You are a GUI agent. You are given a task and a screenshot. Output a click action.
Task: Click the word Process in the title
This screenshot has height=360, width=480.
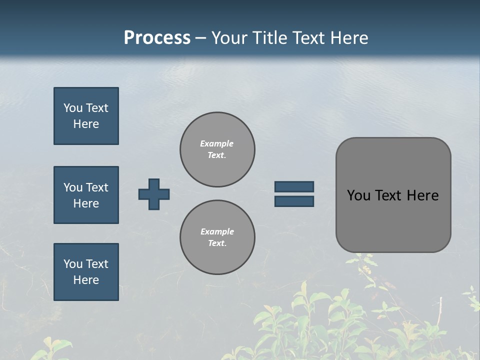coord(157,38)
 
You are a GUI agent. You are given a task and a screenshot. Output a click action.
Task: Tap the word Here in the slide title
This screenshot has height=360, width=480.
coord(347,38)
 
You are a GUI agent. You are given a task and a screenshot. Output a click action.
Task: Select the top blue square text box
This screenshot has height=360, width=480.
coord(86,116)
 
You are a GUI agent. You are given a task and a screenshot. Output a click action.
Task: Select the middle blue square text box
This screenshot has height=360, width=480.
coord(86,195)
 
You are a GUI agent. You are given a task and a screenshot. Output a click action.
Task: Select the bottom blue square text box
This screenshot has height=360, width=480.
coord(86,272)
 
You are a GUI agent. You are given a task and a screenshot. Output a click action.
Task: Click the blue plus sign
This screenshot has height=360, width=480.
coord(154,194)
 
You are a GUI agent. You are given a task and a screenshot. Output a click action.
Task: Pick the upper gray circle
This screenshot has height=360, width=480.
coord(217,149)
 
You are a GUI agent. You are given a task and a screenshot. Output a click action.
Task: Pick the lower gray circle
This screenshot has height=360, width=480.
coord(217,237)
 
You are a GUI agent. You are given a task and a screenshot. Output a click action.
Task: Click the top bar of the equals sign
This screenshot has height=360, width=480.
coord(294,186)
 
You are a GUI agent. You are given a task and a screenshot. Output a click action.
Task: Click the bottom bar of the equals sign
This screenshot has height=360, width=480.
coord(294,201)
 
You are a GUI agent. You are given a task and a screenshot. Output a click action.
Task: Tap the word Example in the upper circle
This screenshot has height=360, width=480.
coord(216,143)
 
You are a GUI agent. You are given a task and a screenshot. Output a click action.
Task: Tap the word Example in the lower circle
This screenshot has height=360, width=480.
coord(217,231)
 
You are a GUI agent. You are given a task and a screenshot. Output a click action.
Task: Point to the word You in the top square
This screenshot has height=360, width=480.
coord(73,108)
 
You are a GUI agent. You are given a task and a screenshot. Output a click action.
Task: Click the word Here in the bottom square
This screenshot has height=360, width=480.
coord(86,280)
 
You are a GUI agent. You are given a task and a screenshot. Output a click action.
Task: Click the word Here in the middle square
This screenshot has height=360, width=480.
coord(86,203)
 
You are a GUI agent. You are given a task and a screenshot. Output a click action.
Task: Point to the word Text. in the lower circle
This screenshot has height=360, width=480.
coord(217,243)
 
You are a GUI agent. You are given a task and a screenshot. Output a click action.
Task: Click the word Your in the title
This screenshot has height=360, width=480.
coord(228,38)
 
